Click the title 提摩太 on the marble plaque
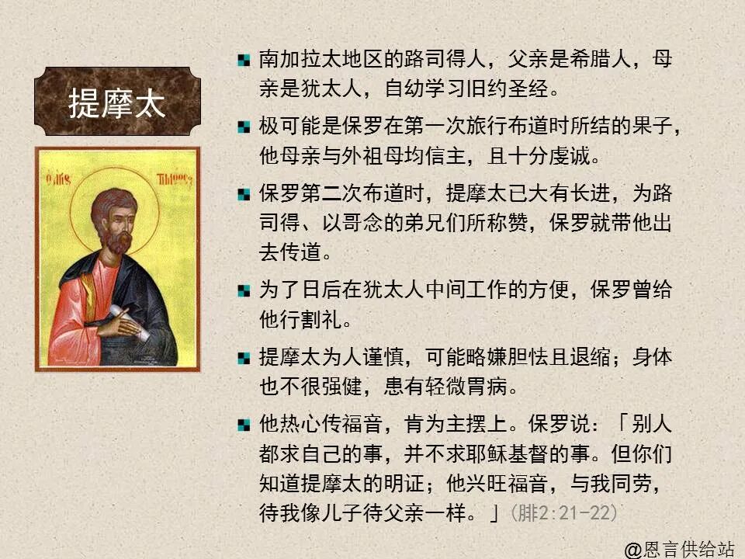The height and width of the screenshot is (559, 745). pyautogui.click(x=117, y=103)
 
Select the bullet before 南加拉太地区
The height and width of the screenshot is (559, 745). pyautogui.click(x=244, y=60)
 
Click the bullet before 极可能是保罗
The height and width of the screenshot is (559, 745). pyautogui.click(x=244, y=127)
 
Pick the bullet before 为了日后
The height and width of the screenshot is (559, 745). pyautogui.click(x=244, y=291)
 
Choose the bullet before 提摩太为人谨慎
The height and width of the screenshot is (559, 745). pyautogui.click(x=244, y=358)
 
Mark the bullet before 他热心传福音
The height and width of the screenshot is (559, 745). pyautogui.click(x=244, y=425)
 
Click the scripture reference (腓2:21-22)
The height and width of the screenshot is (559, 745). pyautogui.click(x=563, y=513)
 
